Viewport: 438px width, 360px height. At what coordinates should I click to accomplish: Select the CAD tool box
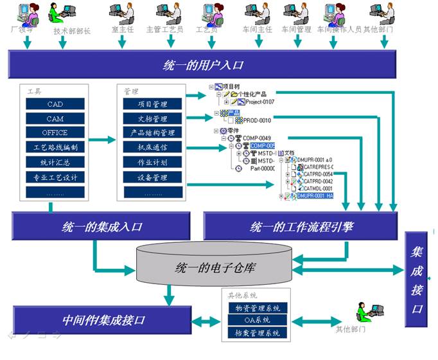pos(55,104)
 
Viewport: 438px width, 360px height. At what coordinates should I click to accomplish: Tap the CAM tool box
pos(55,118)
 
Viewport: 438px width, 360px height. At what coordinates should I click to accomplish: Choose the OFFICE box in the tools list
pos(55,133)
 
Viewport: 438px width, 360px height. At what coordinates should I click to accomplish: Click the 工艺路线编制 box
pos(55,147)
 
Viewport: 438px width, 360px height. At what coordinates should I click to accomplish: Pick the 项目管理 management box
pos(152,104)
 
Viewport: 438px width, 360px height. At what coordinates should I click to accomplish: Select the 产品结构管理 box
pos(152,133)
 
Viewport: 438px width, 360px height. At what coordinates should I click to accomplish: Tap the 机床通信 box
pos(152,148)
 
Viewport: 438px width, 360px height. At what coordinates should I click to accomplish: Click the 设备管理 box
pos(152,177)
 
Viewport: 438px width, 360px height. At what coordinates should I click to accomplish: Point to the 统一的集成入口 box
pos(102,226)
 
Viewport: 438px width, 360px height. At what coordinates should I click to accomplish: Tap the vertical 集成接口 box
pos(417,280)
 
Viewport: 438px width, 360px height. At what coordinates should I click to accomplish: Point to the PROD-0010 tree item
pos(257,120)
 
